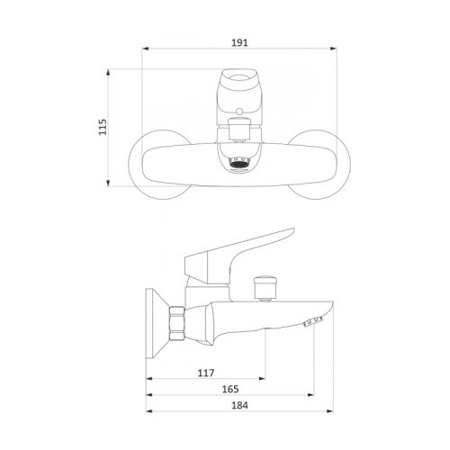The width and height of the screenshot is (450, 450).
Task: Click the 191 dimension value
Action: point(239,42)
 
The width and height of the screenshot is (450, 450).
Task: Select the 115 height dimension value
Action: point(103,127)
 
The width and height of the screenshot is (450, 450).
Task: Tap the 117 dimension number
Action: point(206,373)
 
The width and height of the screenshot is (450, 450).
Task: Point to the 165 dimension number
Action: point(230,389)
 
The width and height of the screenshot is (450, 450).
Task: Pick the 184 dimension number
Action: point(239,405)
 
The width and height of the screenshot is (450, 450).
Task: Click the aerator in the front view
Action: point(239,163)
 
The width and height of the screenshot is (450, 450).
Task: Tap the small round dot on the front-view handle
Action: point(239,112)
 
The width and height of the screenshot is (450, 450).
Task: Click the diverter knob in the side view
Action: point(265,287)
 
